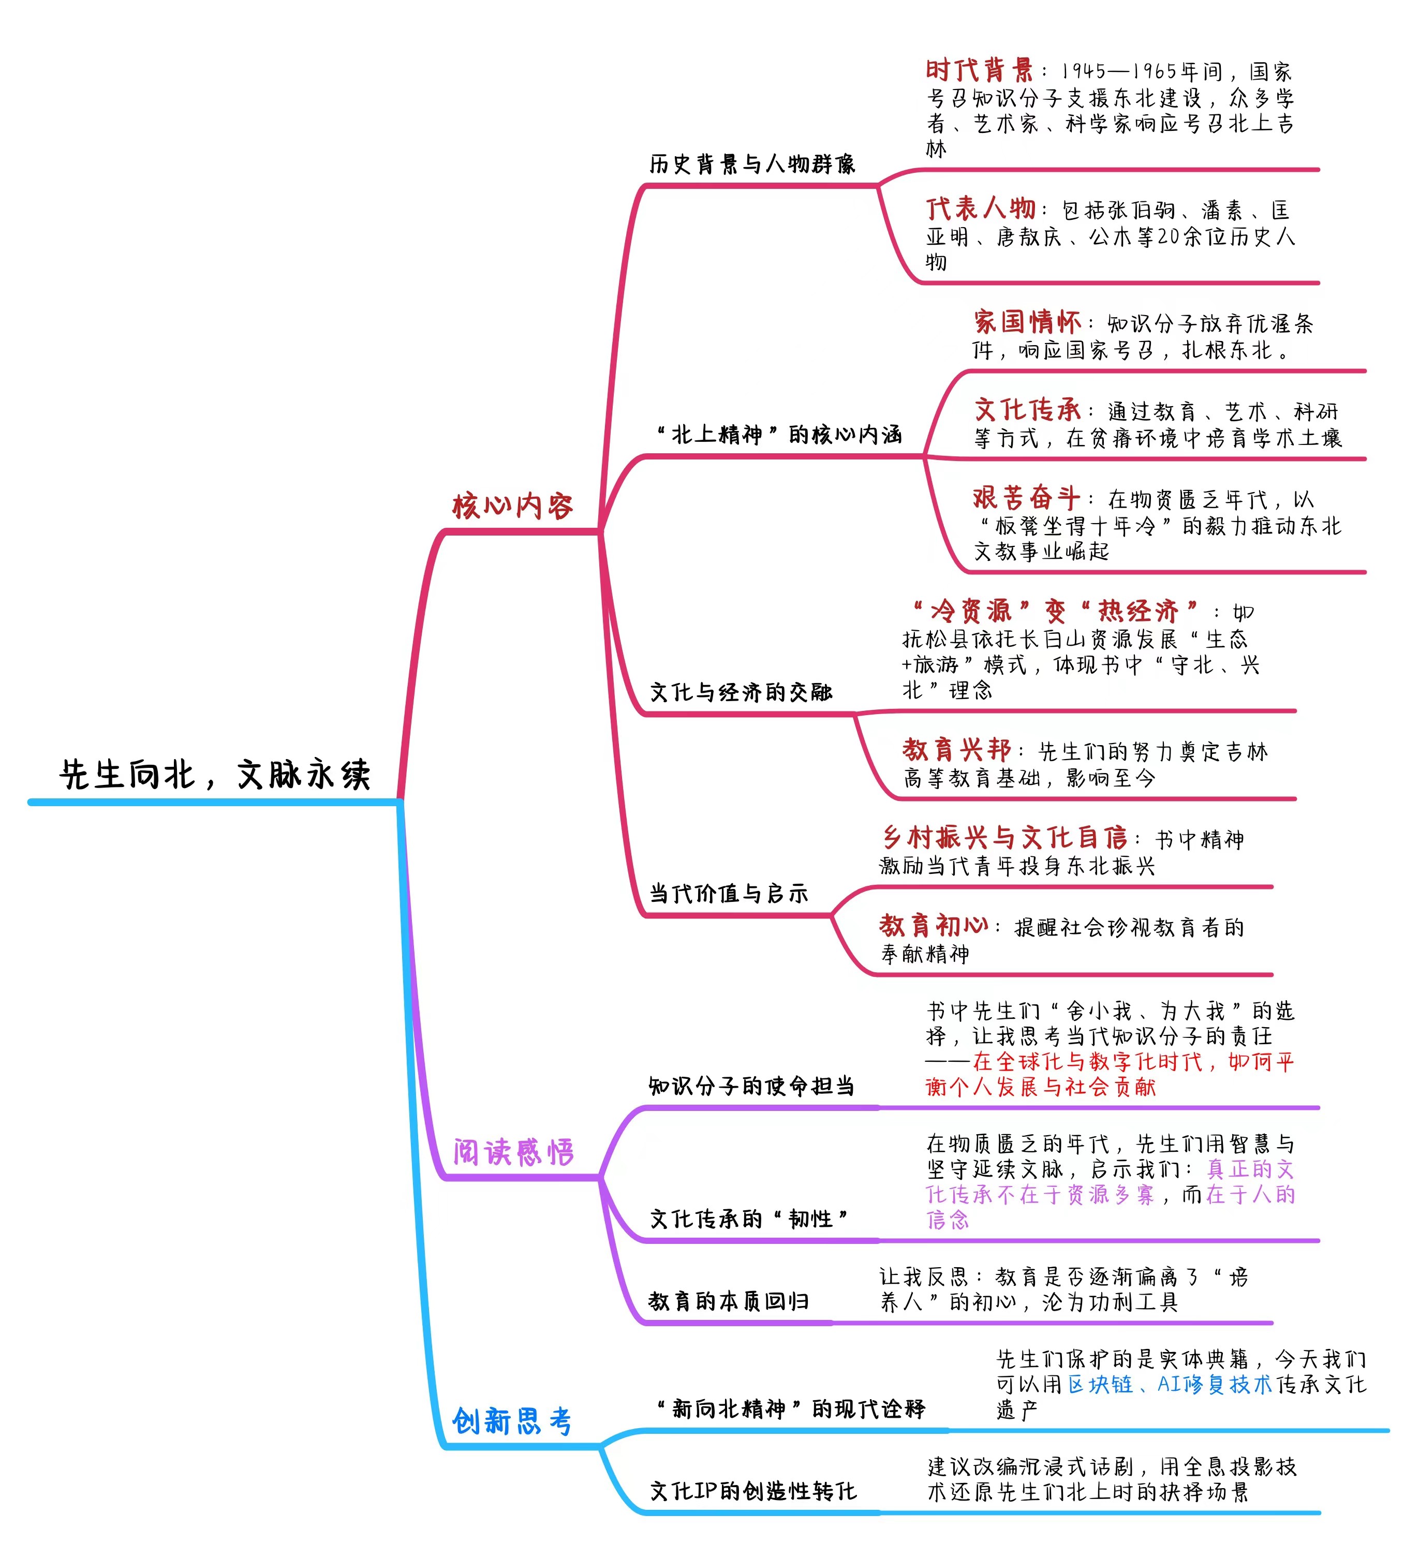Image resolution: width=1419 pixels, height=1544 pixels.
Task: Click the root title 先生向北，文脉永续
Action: [x=215, y=774]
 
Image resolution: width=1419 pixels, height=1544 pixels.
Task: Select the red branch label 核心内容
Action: [x=513, y=506]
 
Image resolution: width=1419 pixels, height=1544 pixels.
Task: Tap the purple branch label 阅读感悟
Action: [x=513, y=1152]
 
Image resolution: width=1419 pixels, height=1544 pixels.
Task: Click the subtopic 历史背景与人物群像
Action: [x=752, y=164]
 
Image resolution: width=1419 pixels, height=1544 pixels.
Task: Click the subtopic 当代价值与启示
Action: [x=729, y=893]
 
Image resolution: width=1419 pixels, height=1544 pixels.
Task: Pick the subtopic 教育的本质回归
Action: [x=729, y=1301]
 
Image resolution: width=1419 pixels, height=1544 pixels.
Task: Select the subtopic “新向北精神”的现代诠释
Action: [x=790, y=1409]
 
